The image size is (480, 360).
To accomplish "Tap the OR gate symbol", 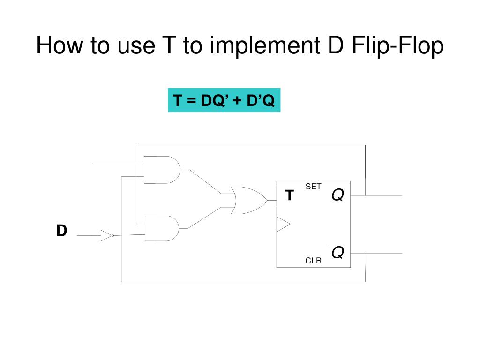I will (247, 200).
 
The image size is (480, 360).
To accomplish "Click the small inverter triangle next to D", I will (106, 235).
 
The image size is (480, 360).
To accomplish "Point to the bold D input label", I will (61, 231).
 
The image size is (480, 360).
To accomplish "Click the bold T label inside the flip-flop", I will (290, 195).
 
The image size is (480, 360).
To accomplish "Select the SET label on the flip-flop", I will (314, 187).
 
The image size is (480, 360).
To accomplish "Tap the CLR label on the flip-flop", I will (314, 261).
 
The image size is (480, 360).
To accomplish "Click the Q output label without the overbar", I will (337, 195).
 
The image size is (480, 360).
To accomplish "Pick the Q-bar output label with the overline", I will (337, 252).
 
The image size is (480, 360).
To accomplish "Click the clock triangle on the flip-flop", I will (283, 225).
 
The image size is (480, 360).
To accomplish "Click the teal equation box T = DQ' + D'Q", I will (224, 100).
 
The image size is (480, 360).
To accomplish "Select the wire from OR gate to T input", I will (271, 200).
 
